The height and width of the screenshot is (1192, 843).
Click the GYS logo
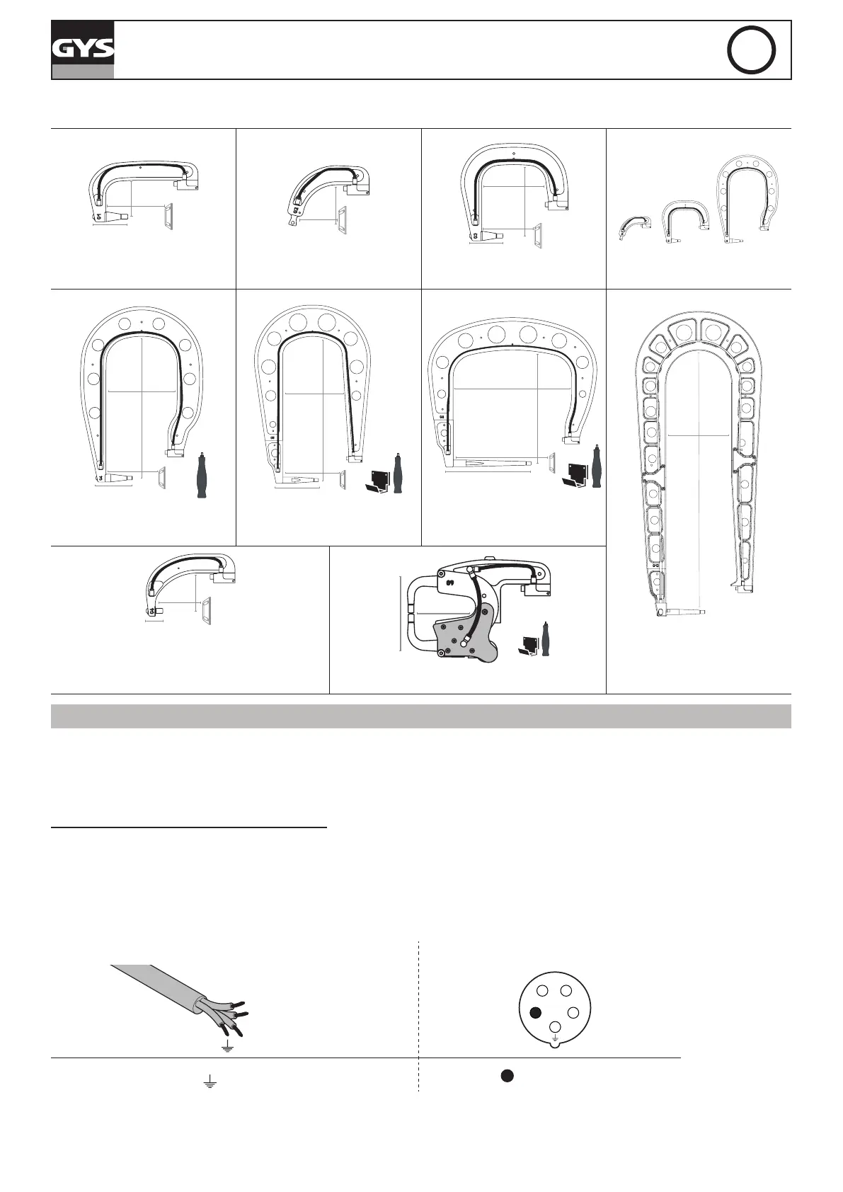pos(82,49)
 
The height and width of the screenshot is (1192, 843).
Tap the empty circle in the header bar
pos(752,50)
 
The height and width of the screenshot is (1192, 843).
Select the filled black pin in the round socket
pos(536,1012)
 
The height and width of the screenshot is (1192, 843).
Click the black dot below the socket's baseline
pos(507,1075)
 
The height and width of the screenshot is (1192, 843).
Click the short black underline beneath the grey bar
pos(190,826)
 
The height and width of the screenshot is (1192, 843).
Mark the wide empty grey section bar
pos(420,716)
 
